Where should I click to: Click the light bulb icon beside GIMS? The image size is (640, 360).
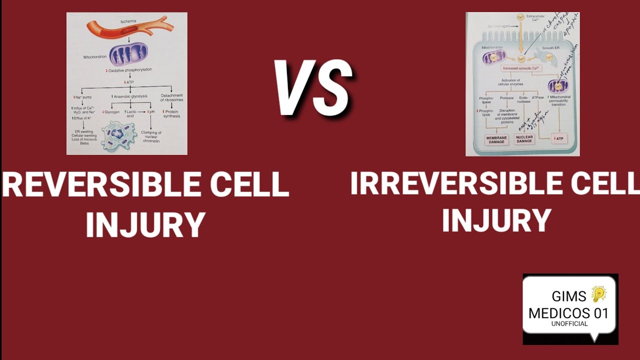click(598, 294)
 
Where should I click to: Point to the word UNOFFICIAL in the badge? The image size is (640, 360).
click(569, 323)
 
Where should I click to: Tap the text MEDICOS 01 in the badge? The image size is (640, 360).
click(568, 313)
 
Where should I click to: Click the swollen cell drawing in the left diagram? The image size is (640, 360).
click(118, 135)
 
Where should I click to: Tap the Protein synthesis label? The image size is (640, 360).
click(171, 113)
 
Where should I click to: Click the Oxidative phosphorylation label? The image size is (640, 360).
click(129, 70)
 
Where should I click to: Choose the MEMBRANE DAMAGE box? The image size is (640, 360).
click(497, 140)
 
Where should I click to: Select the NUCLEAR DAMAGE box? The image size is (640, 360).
click(524, 139)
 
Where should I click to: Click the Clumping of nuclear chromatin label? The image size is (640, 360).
click(150, 136)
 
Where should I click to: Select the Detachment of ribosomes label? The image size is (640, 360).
click(171, 97)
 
